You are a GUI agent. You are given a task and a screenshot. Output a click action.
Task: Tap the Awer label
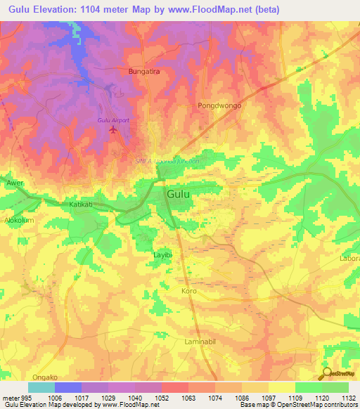pyautogui.click(x=15, y=183)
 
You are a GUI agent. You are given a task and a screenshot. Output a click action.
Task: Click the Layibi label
pyautogui.click(x=162, y=255)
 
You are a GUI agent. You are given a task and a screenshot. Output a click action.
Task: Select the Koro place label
pyautogui.click(x=189, y=290)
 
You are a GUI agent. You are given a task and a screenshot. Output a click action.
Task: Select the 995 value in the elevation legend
pyautogui.click(x=23, y=398)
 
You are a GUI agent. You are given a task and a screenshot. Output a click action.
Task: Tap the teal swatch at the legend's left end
pyautogui.click(x=41, y=387)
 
